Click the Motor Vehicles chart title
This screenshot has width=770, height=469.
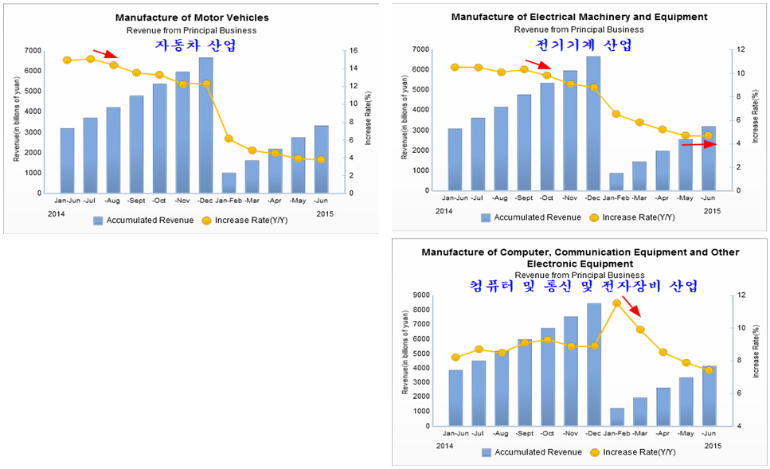192,18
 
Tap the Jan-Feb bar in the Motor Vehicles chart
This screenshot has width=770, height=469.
229,183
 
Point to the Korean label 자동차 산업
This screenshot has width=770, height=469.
196,45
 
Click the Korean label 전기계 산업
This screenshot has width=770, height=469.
584,45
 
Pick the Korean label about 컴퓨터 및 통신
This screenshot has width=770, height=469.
583,285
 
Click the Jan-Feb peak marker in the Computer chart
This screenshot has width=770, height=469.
616,303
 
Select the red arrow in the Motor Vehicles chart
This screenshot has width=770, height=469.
105,54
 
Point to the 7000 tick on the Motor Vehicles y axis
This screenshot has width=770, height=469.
33,50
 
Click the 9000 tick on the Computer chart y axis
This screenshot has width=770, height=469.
422,295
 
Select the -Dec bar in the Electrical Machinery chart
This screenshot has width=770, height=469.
593,123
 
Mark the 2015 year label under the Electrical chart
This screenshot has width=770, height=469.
713,210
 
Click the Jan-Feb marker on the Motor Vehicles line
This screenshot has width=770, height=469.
229,139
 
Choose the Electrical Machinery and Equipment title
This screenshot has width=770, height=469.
579,17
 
